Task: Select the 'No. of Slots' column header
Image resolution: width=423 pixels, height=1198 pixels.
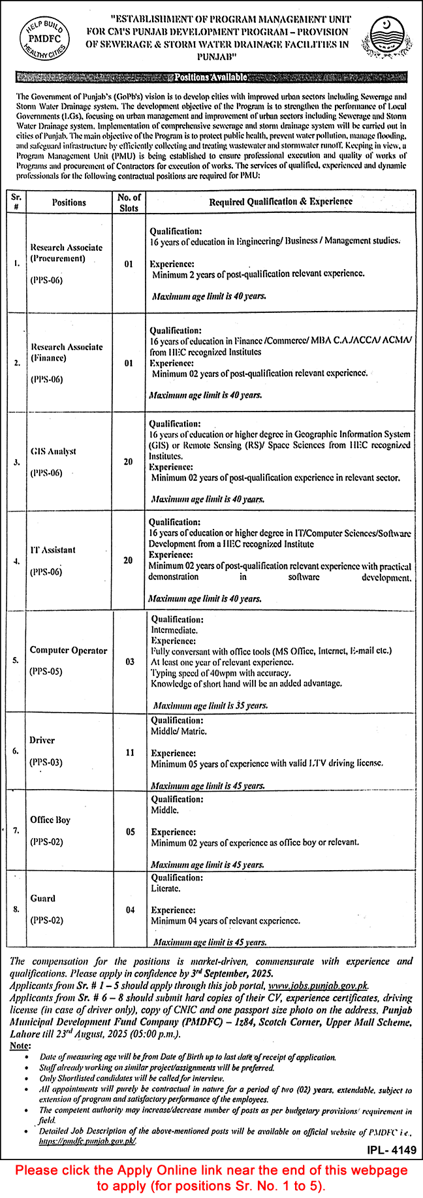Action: click(129, 202)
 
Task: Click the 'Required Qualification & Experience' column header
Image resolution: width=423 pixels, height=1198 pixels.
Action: click(281, 202)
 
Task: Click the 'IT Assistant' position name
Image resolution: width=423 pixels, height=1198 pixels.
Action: click(53, 550)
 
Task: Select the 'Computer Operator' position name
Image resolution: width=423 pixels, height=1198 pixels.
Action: click(68, 651)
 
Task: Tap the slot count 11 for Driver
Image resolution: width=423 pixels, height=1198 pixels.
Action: click(130, 753)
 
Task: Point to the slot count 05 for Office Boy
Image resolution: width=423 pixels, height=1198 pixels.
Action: click(131, 832)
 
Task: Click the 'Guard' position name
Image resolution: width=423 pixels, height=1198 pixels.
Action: click(42, 898)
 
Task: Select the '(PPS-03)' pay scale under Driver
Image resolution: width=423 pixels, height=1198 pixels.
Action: click(46, 762)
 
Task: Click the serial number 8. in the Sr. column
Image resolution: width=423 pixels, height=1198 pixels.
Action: click(16, 909)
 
